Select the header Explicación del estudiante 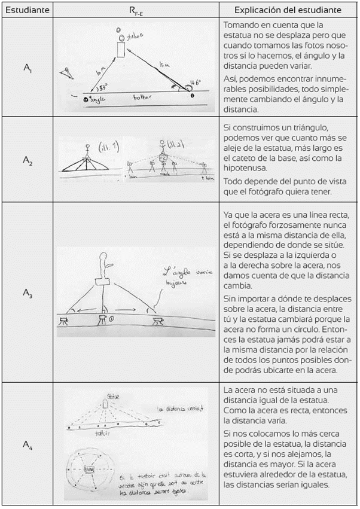pyautogui.click(x=288, y=10)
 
